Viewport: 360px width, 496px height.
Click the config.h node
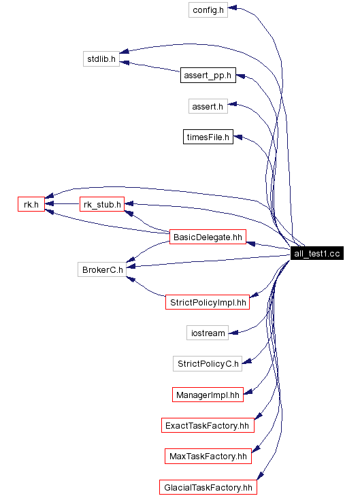tap(208, 10)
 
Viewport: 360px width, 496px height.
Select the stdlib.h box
tap(101, 59)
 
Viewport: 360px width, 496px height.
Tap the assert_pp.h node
tap(208, 75)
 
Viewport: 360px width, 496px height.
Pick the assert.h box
tap(208, 106)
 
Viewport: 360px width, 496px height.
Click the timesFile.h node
tap(208, 137)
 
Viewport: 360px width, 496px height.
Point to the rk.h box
tap(31, 204)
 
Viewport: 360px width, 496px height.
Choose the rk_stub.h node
tap(101, 204)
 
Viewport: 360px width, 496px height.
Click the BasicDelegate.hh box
tap(208, 237)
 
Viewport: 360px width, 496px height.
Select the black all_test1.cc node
tap(316, 254)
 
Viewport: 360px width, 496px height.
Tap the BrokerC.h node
tap(101, 269)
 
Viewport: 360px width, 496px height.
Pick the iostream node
tap(207, 333)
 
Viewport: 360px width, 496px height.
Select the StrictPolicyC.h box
tap(208, 363)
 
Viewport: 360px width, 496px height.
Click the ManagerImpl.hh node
tap(208, 394)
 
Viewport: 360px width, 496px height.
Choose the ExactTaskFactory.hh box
tap(208, 426)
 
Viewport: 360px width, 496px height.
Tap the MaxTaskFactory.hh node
tap(208, 456)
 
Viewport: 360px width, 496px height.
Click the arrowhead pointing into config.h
tap(232, 9)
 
